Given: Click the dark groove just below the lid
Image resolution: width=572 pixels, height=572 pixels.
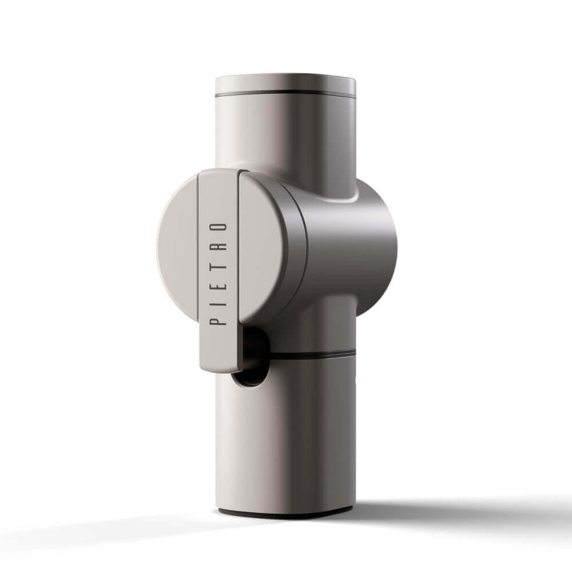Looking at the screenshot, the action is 285,94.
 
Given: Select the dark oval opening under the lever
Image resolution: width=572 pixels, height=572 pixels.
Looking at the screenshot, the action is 252,357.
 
